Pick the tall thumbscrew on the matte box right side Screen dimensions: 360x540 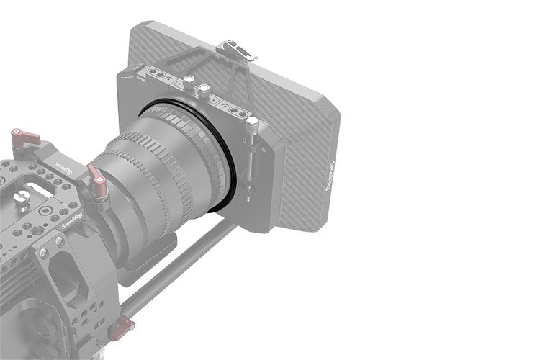coord(252,130)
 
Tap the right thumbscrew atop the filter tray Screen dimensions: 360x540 coord(204,91)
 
